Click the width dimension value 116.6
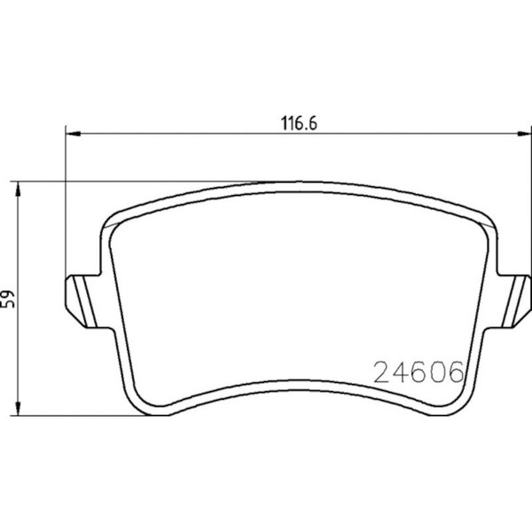click(x=300, y=123)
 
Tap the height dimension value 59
click(x=9, y=299)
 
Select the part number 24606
click(x=419, y=372)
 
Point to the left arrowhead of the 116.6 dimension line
click(x=73, y=134)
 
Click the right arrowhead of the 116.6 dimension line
click(x=523, y=134)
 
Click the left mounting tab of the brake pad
click(x=83, y=301)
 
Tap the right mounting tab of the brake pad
click(x=513, y=301)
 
